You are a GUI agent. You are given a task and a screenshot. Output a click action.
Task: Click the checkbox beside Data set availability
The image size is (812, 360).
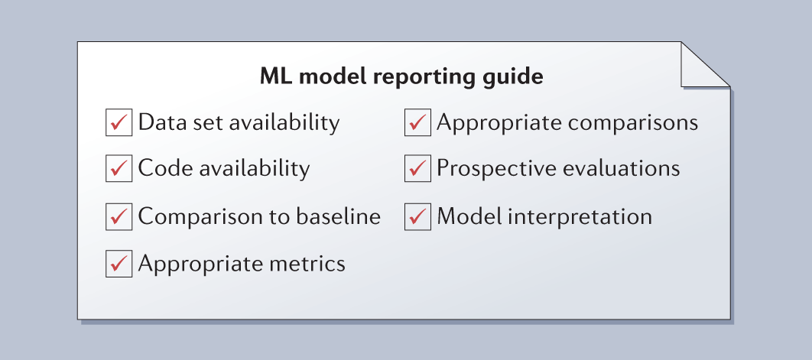pyautogui.click(x=119, y=123)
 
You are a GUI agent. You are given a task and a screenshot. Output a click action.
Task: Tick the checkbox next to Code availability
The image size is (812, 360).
pyautogui.click(x=119, y=168)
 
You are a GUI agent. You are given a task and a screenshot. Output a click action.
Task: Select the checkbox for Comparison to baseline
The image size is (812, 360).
pyautogui.click(x=119, y=216)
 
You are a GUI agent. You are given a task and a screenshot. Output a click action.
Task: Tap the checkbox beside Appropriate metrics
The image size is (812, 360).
pyautogui.click(x=119, y=264)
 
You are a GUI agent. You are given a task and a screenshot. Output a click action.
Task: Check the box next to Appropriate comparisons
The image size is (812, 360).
pyautogui.click(x=418, y=123)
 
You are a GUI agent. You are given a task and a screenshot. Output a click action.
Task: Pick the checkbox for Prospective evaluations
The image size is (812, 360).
pyautogui.click(x=418, y=168)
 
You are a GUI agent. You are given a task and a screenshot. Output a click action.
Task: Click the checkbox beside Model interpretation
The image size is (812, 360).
pyautogui.click(x=418, y=216)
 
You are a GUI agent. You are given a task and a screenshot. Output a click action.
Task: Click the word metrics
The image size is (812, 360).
pyautogui.click(x=307, y=263)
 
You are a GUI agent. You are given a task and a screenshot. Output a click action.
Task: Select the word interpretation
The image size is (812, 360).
pyautogui.click(x=580, y=217)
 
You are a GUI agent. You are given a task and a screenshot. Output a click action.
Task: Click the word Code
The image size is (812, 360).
pyautogui.click(x=164, y=168)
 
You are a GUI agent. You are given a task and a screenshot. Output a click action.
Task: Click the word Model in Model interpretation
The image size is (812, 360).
pyautogui.click(x=469, y=216)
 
